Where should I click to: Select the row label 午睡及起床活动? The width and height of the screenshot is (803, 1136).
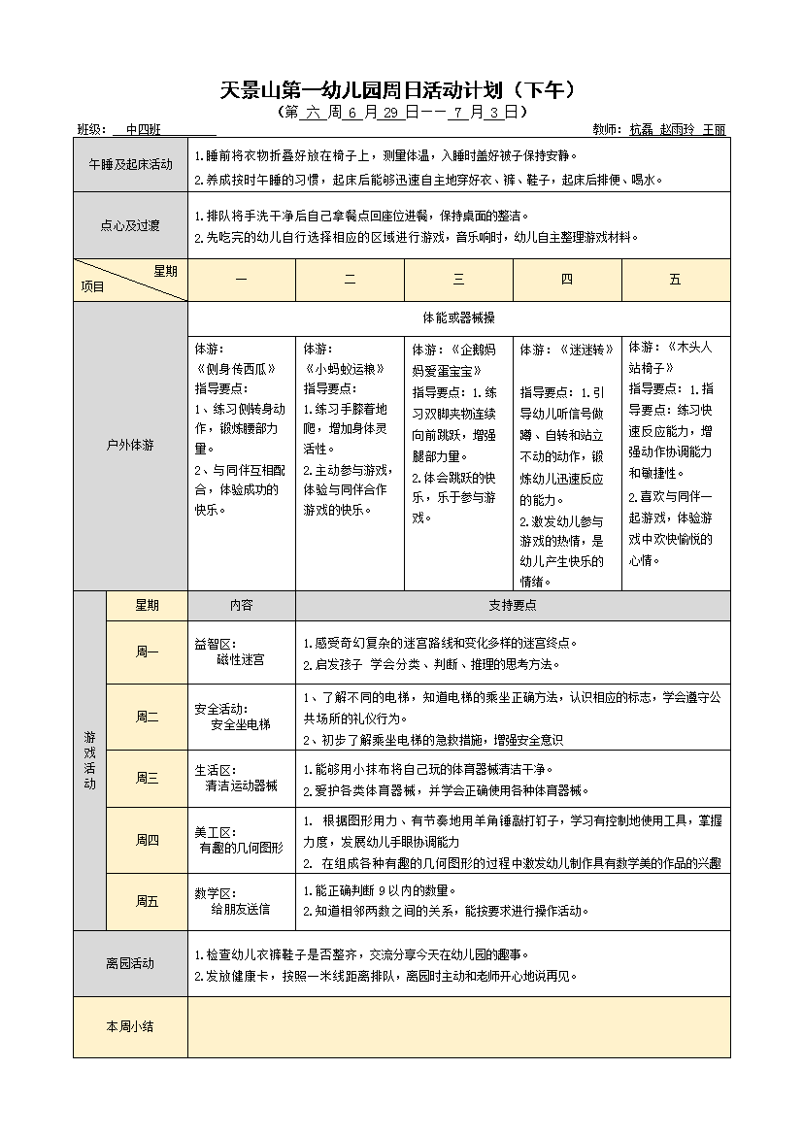(130, 164)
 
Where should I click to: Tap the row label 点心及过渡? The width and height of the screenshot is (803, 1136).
(130, 225)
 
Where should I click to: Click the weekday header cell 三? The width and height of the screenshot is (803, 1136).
(458, 280)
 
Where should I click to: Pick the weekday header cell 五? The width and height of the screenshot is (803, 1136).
(675, 280)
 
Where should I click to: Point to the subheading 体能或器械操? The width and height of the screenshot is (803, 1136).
(458, 317)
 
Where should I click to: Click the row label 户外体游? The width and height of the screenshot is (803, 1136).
(130, 446)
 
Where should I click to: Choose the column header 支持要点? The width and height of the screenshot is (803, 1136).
(513, 605)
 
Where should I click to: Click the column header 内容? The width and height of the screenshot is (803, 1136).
(241, 605)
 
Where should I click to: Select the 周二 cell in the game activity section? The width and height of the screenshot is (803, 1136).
(147, 717)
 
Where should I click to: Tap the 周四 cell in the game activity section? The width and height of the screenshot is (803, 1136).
(147, 840)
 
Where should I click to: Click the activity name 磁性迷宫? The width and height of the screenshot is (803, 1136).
(240, 660)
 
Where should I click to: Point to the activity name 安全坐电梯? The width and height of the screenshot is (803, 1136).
(240, 724)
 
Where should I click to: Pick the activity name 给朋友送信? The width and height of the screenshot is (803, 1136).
(240, 910)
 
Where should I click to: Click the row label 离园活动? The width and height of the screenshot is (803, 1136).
(130, 963)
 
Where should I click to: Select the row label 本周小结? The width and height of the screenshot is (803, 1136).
(130, 1026)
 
